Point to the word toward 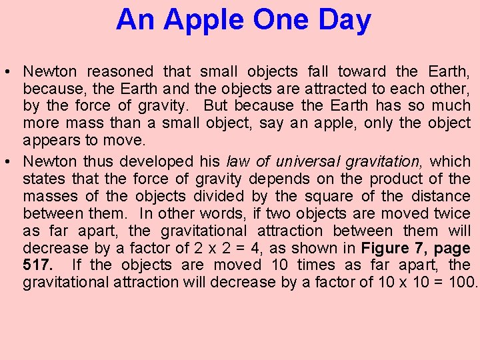pyautogui.click(x=361, y=71)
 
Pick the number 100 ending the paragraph pyautogui.click(x=462, y=282)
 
